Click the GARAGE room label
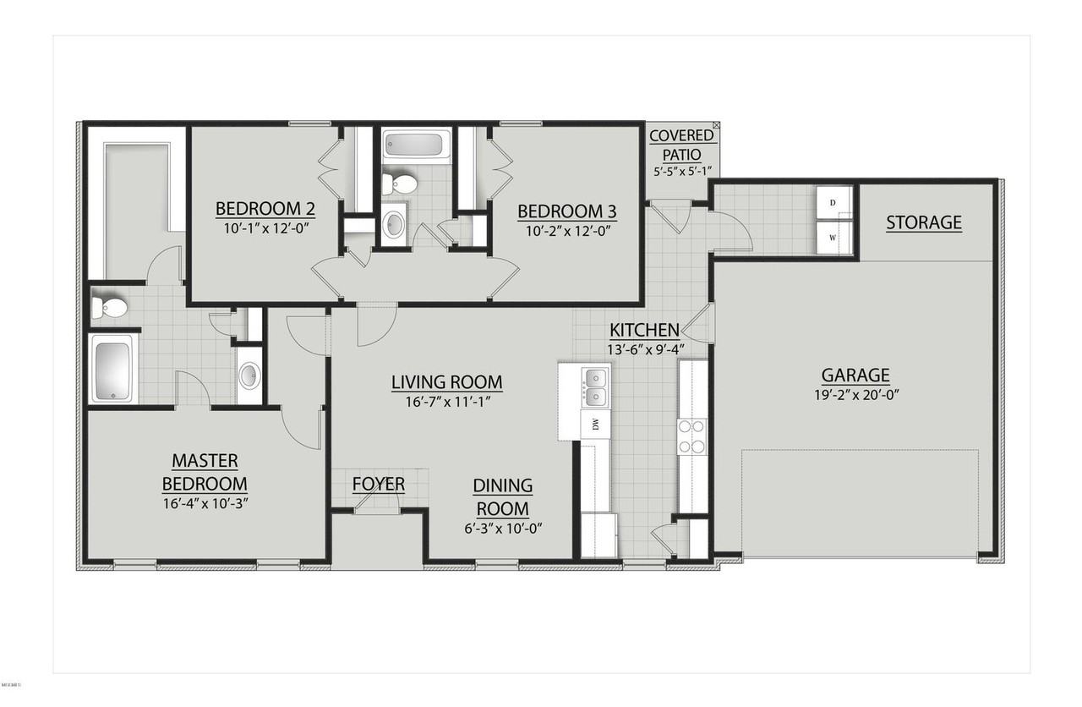click(x=855, y=375)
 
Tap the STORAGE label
click(x=924, y=222)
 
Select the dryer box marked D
click(x=833, y=202)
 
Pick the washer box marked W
click(x=833, y=238)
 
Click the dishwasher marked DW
click(x=595, y=425)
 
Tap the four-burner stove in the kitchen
click(x=691, y=437)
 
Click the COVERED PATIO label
click(x=681, y=145)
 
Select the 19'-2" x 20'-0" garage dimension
click(x=856, y=395)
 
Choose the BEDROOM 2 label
click(x=265, y=209)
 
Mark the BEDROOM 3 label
click(x=567, y=211)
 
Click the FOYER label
click(x=379, y=484)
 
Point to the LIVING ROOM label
click(x=447, y=382)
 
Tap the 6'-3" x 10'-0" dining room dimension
click(x=503, y=529)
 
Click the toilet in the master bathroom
click(x=109, y=307)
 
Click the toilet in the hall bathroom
click(x=399, y=184)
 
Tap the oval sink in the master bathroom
click(x=249, y=375)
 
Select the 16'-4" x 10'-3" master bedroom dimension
click(x=205, y=503)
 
